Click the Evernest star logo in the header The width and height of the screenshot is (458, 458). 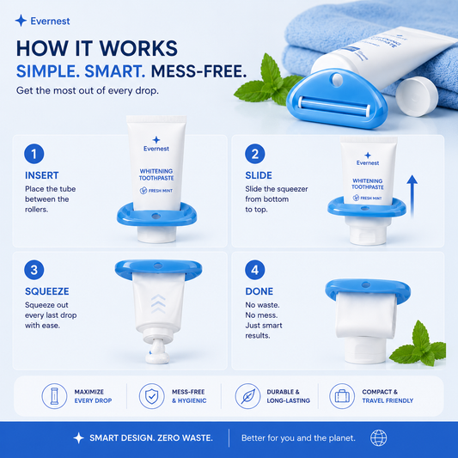click(x=21, y=21)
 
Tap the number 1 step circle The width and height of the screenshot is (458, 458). click(x=34, y=154)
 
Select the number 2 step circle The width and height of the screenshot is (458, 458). click(x=254, y=154)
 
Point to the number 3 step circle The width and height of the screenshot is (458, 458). click(x=34, y=270)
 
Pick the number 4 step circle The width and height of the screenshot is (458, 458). click(x=254, y=270)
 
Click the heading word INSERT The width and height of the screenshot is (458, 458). click(x=42, y=175)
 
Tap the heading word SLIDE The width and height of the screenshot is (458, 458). click(x=259, y=175)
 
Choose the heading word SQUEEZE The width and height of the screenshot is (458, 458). click(x=47, y=291)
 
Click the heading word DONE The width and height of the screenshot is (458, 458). click(x=260, y=291)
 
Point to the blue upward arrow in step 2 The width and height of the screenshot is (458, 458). click(x=412, y=196)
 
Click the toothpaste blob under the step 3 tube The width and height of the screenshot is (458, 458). click(x=157, y=353)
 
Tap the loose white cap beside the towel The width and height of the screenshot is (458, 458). click(x=417, y=96)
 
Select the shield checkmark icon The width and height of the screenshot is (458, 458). click(x=151, y=396)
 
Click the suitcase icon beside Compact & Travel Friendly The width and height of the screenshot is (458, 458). click(x=342, y=396)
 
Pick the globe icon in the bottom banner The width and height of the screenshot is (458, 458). click(x=379, y=438)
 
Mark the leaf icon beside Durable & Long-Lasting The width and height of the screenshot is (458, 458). click(x=247, y=396)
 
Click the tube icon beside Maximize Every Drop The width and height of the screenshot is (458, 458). click(x=54, y=396)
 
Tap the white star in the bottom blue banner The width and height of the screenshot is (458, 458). click(x=78, y=438)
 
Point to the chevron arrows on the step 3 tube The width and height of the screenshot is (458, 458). click(x=158, y=304)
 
